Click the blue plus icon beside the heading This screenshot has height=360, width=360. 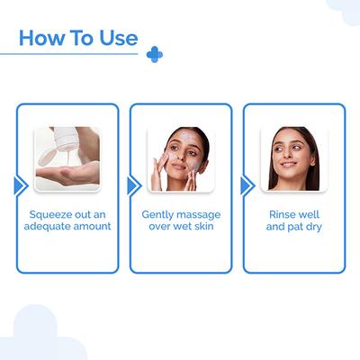[x=155, y=55]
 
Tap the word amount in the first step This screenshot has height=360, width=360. [x=96, y=228]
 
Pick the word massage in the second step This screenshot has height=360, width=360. [x=202, y=215]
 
